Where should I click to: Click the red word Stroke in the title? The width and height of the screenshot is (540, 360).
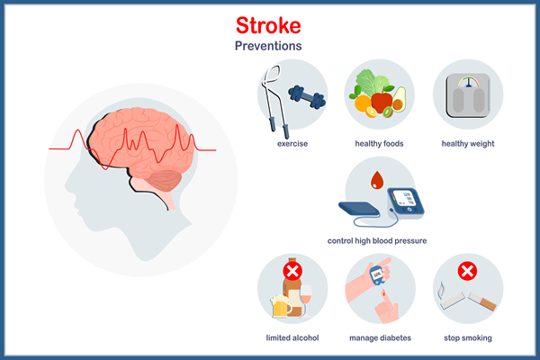click(x=268, y=26)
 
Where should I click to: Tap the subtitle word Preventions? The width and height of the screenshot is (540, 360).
click(x=268, y=46)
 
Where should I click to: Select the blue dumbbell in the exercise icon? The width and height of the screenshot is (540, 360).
click(x=307, y=97)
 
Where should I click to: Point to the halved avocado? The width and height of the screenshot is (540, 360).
click(x=399, y=100)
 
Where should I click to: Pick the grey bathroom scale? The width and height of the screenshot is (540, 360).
click(x=468, y=95)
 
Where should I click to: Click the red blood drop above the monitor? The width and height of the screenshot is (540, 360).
click(x=377, y=180)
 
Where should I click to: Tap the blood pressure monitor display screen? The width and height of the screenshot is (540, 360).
click(x=403, y=198)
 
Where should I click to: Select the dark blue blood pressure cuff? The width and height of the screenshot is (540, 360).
click(x=359, y=209)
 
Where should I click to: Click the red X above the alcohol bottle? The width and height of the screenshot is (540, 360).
click(x=292, y=271)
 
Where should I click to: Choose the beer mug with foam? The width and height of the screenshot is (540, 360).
click(x=280, y=306)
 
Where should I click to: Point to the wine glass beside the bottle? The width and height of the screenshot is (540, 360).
click(x=306, y=298)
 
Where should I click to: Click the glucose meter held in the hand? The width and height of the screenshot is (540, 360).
click(x=377, y=275)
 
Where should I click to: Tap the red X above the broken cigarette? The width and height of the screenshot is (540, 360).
click(x=467, y=271)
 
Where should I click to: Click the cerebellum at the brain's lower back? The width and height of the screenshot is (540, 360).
click(x=166, y=181)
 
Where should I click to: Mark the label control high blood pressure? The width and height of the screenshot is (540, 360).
click(x=377, y=241)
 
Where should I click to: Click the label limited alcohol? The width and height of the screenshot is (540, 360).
click(x=292, y=338)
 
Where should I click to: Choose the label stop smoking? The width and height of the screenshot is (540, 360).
click(x=468, y=338)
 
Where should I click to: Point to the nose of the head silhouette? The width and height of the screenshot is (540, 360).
click(x=67, y=186)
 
